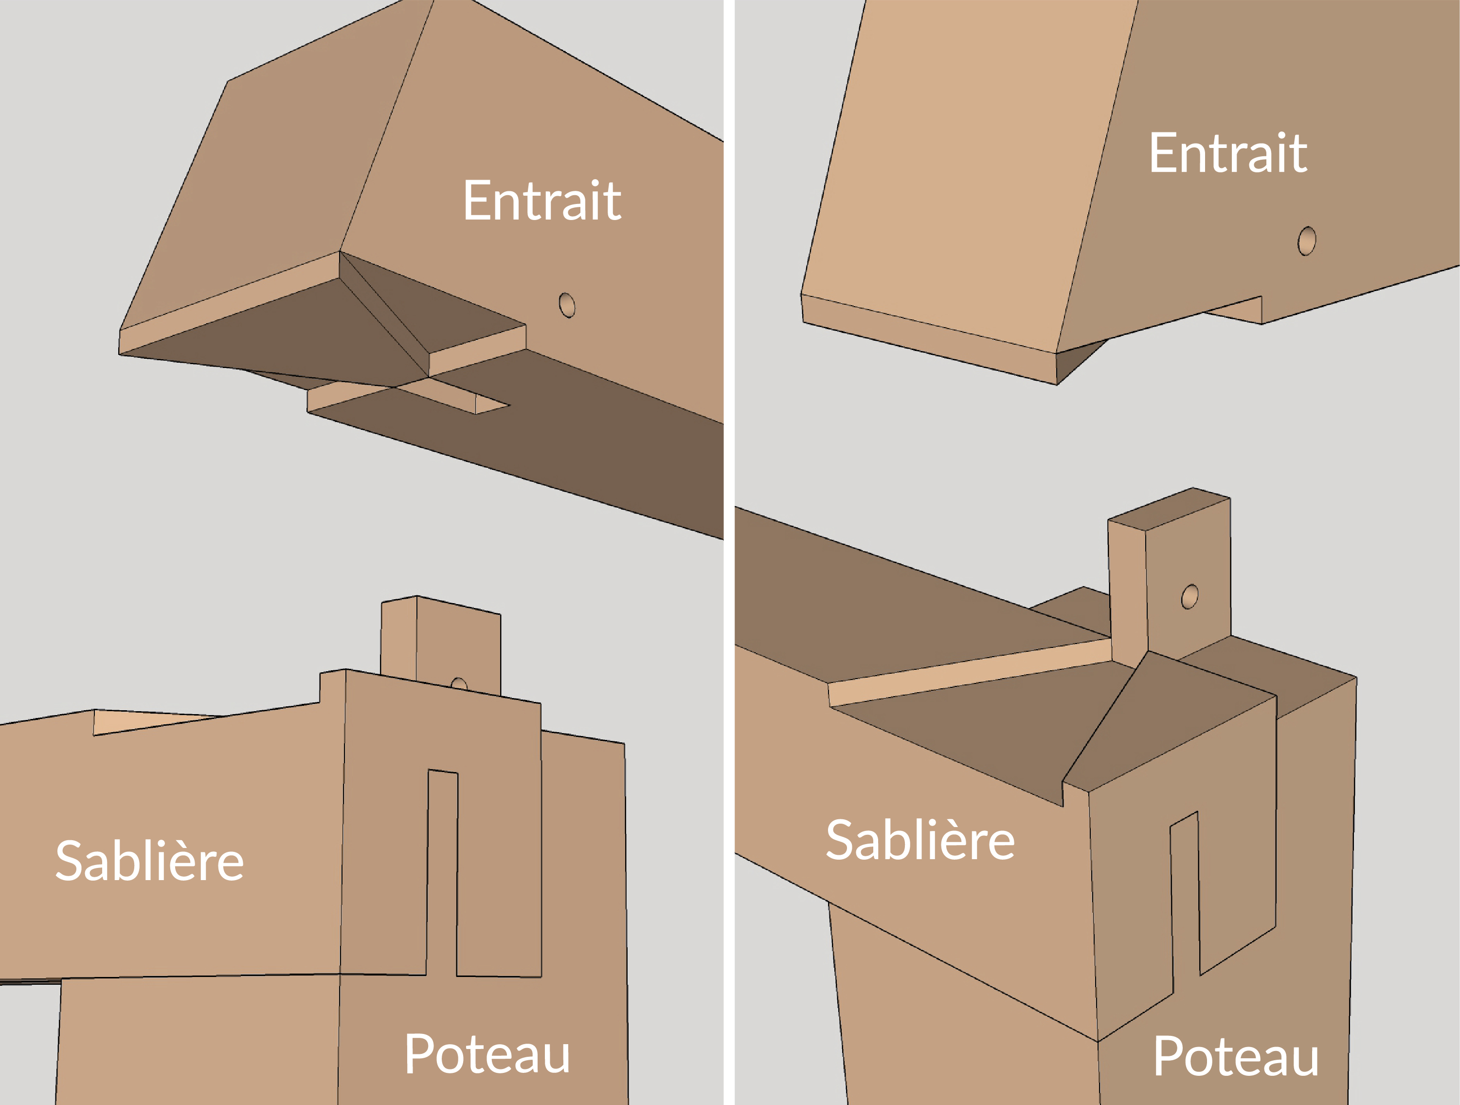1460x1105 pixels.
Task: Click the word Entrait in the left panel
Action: point(542,200)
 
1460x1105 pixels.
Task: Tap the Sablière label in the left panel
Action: point(150,861)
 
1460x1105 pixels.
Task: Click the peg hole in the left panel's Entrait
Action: point(567,305)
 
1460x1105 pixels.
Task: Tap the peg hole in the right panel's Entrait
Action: point(1307,241)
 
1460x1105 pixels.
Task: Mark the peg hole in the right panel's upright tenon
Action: point(1190,596)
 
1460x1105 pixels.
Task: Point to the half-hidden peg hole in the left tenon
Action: point(459,683)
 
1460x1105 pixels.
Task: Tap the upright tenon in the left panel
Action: point(441,644)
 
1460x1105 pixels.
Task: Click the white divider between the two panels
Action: point(729,552)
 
